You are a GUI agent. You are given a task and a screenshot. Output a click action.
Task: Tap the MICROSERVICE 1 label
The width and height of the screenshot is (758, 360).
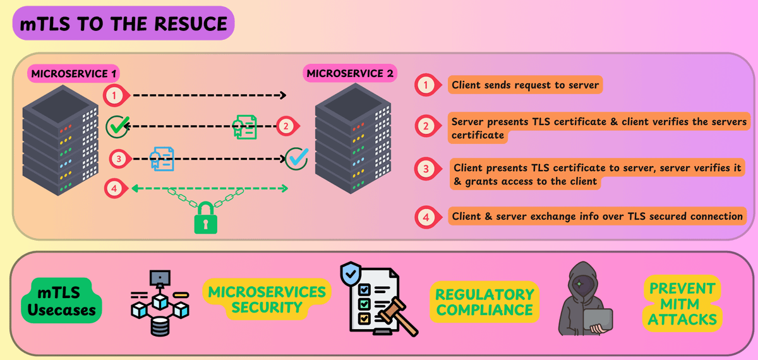coord(73,74)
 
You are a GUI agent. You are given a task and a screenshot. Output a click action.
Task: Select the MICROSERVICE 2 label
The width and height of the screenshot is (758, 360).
coord(350,74)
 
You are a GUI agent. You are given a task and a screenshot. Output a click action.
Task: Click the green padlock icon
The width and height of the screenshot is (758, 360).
coord(206,218)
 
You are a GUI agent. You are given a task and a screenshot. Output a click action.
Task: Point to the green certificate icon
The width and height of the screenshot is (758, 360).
coord(245,126)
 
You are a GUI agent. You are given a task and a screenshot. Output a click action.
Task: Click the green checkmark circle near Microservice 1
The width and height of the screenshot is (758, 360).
coord(117,126)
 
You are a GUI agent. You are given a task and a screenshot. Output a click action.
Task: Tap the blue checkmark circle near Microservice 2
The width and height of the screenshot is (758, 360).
coord(296,158)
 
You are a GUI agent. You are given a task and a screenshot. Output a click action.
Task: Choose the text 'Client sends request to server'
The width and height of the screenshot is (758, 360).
coord(525,85)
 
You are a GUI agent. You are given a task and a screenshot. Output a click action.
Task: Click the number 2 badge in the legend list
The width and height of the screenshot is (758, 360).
coord(426,126)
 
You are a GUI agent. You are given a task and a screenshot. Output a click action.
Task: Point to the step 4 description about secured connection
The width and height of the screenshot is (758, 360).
coord(597,216)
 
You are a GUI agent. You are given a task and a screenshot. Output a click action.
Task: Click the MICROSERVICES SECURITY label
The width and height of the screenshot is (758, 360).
coord(267,299)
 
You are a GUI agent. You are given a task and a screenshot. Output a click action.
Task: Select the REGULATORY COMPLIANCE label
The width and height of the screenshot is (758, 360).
coord(484,302)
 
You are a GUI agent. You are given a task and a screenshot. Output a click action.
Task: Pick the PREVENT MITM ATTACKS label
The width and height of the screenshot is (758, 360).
coord(683,304)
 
